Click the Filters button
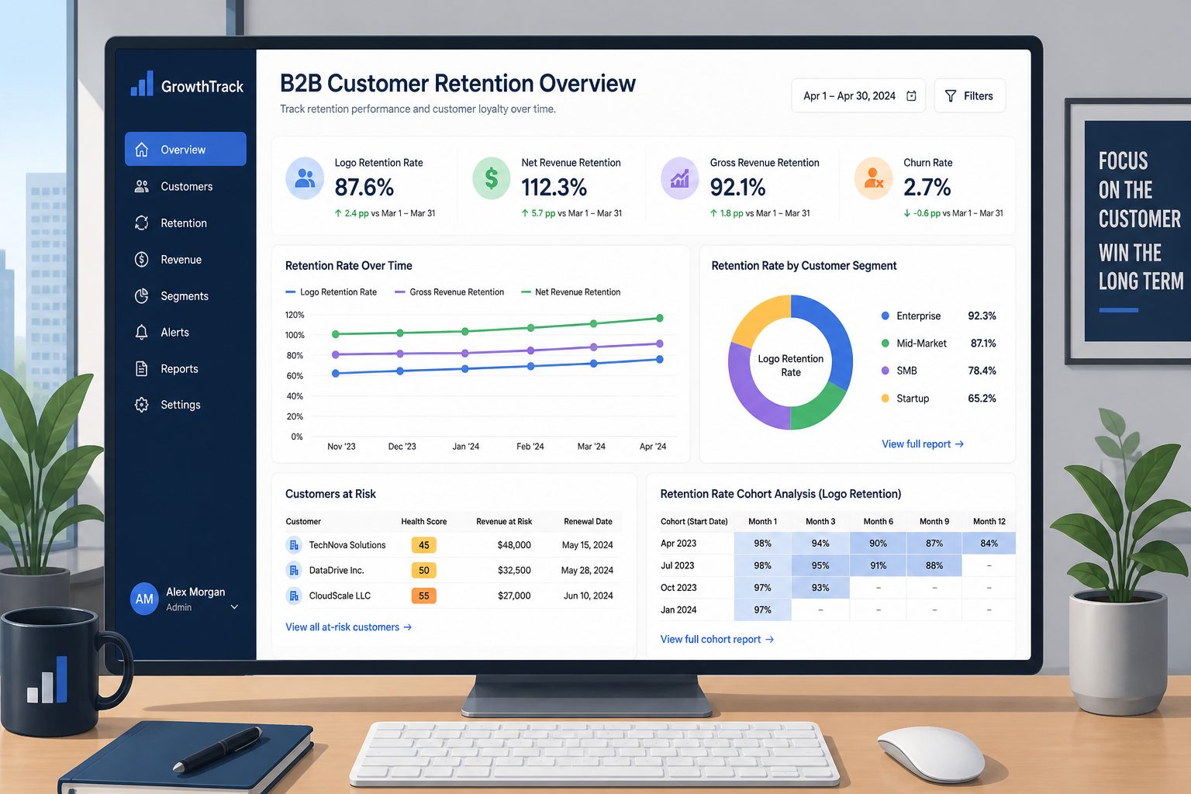tap(969, 95)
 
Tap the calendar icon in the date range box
tap(911, 95)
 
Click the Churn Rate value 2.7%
tap(927, 187)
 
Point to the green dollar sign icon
tap(492, 178)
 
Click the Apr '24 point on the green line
tap(659, 318)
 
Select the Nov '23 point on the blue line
tap(336, 373)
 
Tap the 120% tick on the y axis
tap(295, 315)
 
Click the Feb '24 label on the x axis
tap(530, 446)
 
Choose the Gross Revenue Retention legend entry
tap(450, 292)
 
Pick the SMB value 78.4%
tap(982, 371)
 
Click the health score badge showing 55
tap(424, 595)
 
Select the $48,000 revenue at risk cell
tap(514, 545)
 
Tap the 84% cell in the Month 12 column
tap(989, 543)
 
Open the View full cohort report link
tap(716, 639)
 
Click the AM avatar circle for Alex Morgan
tap(144, 599)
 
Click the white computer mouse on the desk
tap(930, 754)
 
